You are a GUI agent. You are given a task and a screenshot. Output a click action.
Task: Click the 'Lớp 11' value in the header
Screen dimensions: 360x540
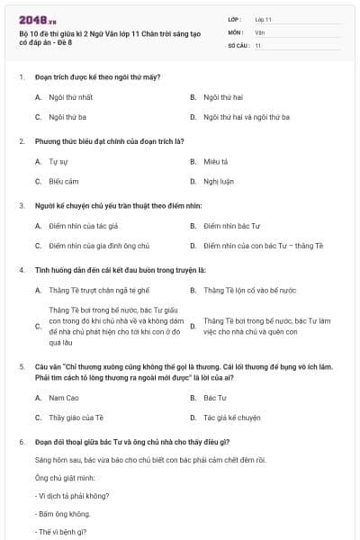point(263,19)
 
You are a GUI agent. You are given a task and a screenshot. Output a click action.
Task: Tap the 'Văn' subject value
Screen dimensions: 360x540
point(259,31)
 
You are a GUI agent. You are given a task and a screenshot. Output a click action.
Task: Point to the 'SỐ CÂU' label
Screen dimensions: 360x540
point(238,45)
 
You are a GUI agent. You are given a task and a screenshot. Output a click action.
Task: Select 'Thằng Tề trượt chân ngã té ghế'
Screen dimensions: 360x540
point(99,290)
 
